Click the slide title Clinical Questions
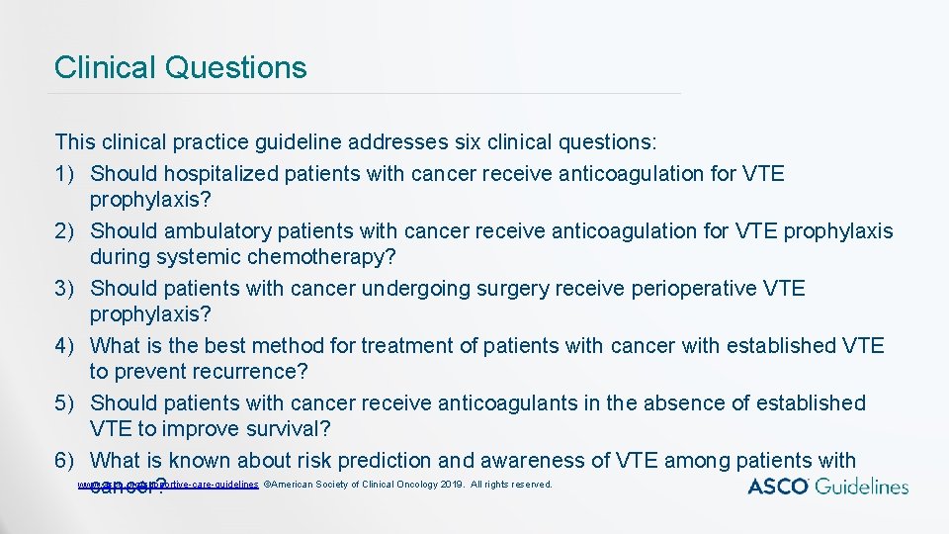[x=181, y=67]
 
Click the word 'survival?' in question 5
[x=285, y=429]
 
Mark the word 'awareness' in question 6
[x=533, y=461]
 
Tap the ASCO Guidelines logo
[x=827, y=486]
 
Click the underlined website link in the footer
[x=168, y=485]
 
